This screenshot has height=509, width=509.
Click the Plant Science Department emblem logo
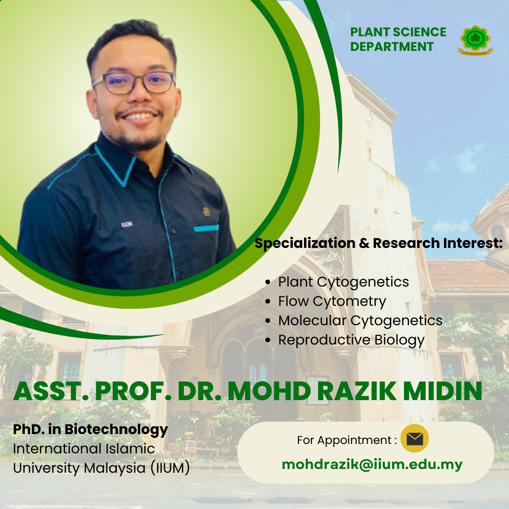click(475, 40)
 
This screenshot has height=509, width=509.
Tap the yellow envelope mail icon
click(415, 438)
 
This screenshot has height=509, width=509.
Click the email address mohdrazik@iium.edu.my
click(372, 465)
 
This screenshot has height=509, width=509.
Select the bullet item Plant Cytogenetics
click(344, 282)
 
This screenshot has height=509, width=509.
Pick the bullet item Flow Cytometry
click(332, 301)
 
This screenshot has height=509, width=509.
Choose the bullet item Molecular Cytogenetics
click(361, 321)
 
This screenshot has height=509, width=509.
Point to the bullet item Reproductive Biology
click(351, 340)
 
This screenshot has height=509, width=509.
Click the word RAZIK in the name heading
click(356, 391)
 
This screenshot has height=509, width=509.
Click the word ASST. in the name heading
click(51, 391)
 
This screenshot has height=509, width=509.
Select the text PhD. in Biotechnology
click(90, 429)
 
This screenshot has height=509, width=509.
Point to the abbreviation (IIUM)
click(170, 468)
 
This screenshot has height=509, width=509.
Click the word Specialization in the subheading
click(305, 244)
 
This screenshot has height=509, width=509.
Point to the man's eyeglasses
click(134, 82)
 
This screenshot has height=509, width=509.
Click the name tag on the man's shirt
click(127, 224)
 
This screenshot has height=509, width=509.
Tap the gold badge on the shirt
click(206, 211)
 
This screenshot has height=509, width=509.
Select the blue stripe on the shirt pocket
click(206, 228)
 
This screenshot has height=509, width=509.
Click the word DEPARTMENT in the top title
click(392, 47)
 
